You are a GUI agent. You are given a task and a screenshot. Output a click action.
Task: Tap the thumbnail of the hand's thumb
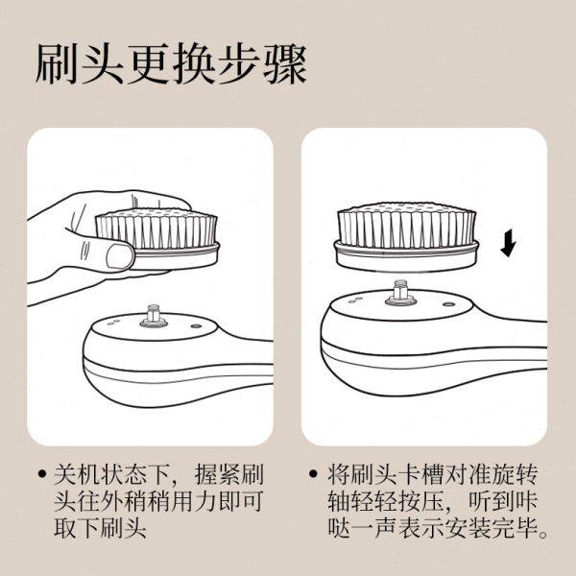click(x=120, y=255)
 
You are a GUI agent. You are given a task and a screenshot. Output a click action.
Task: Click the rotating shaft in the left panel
click(x=152, y=315)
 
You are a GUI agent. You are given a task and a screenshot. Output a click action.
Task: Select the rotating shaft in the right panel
click(x=399, y=291)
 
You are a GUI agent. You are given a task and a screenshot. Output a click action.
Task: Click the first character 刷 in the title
click(x=55, y=64)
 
